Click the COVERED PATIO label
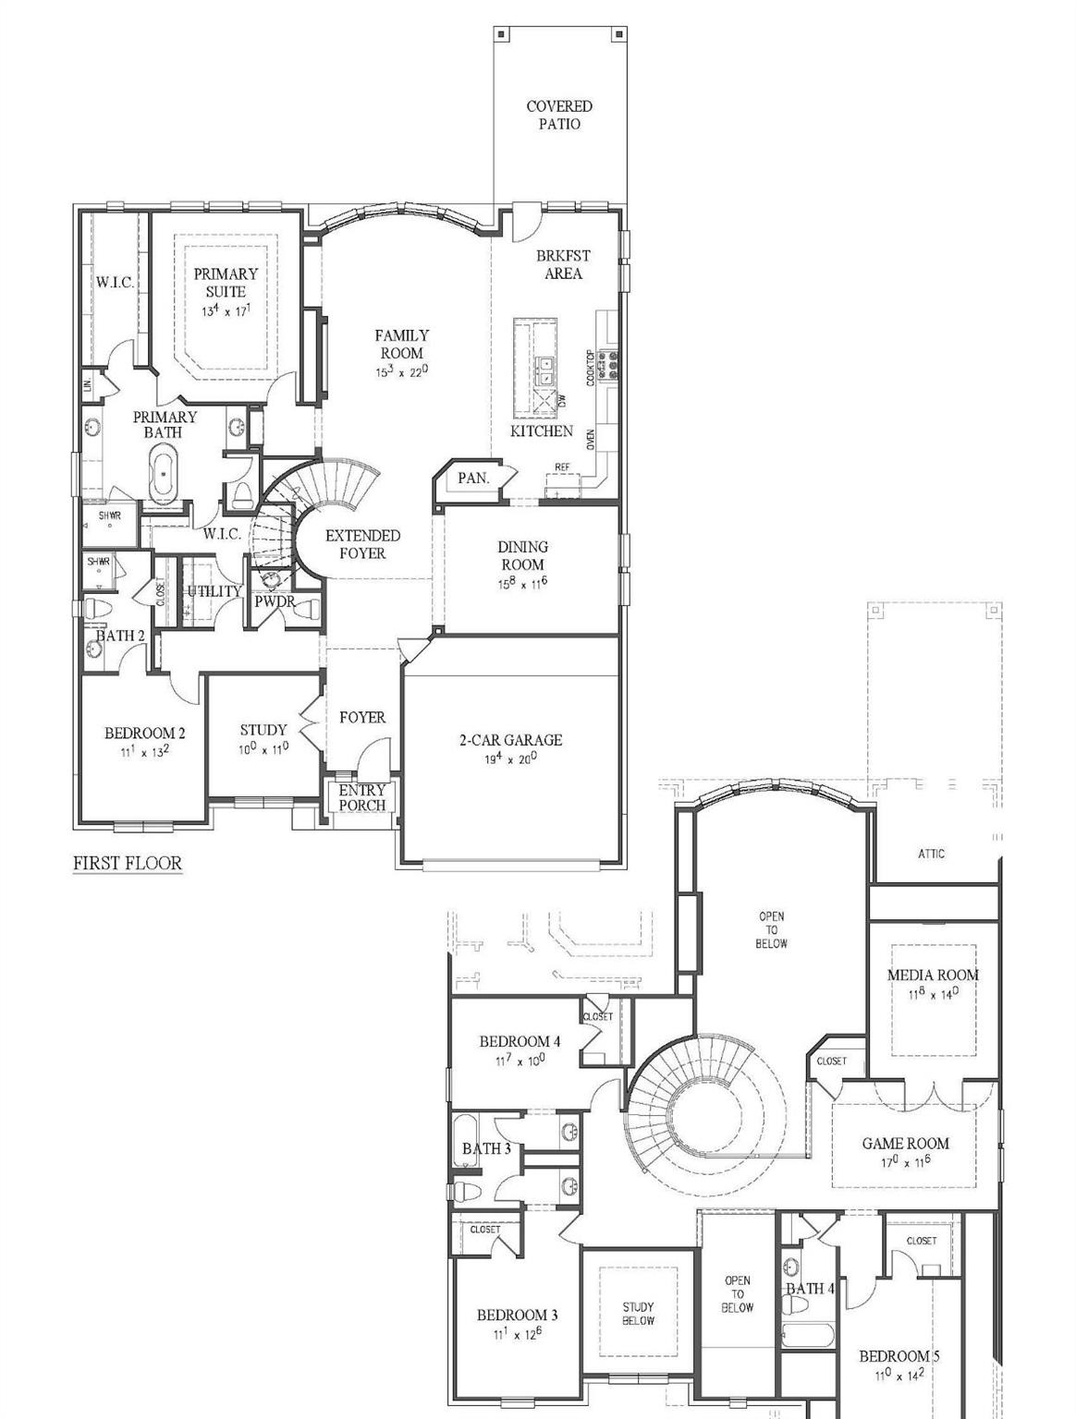pos(558,115)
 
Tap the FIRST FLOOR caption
pos(128,863)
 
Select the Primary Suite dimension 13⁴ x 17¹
pos(226,311)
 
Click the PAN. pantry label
pos(473,479)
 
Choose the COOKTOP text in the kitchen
pos(591,367)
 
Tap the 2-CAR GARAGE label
pos(510,740)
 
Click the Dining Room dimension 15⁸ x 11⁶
pos(522,584)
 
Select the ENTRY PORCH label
pos(361,798)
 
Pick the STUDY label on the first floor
pos(263,730)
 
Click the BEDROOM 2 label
pos(144,734)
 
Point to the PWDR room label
pos(275,601)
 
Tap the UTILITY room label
pos(214,591)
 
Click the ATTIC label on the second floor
pos(931,854)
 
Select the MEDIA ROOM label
pos(932,975)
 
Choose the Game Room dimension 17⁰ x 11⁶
pos(905,1162)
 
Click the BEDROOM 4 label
pos(520,1042)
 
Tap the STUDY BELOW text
pos(638,1314)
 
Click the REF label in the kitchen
pos(562,467)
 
